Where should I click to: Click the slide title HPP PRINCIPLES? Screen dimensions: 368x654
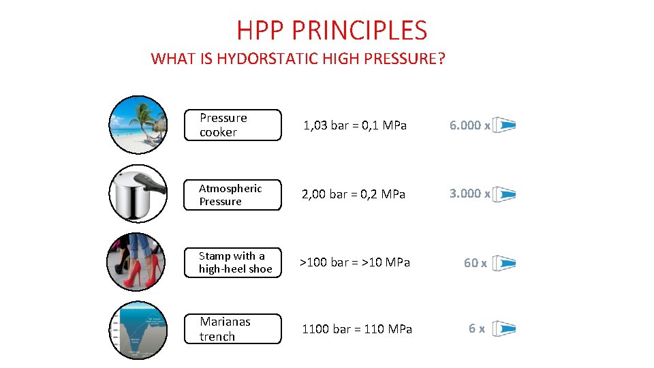(332, 31)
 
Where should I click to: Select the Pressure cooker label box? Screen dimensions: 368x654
(232, 125)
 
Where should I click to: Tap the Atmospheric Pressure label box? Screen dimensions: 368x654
(232, 195)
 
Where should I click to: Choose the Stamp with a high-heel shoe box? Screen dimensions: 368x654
(232, 262)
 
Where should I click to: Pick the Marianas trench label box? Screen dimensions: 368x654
(232, 328)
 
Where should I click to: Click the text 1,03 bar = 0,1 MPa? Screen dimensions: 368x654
(354, 125)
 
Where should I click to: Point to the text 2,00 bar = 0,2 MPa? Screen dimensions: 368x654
(354, 194)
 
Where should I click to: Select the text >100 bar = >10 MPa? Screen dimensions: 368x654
(356, 262)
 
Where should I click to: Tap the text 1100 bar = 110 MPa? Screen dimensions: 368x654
(357, 329)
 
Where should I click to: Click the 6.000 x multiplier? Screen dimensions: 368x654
(469, 125)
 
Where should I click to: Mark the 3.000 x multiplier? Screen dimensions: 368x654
(469, 194)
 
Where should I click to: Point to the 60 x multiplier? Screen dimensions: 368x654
(475, 263)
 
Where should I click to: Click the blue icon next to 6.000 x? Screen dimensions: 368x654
(504, 125)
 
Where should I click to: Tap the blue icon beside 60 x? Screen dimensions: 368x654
(504, 263)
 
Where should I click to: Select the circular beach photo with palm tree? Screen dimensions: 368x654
(138, 125)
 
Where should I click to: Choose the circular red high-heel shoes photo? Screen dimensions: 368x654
(137, 262)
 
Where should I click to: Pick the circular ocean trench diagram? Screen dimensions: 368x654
(138, 329)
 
